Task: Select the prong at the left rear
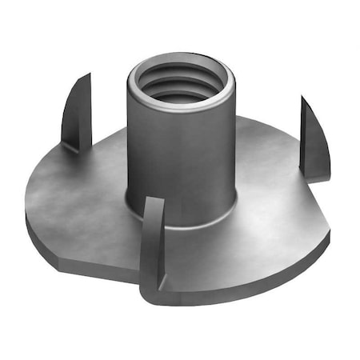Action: [x=77, y=112]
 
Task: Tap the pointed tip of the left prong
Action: [x=88, y=75]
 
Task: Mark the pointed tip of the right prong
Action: [x=303, y=98]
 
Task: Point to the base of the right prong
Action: [x=316, y=172]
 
